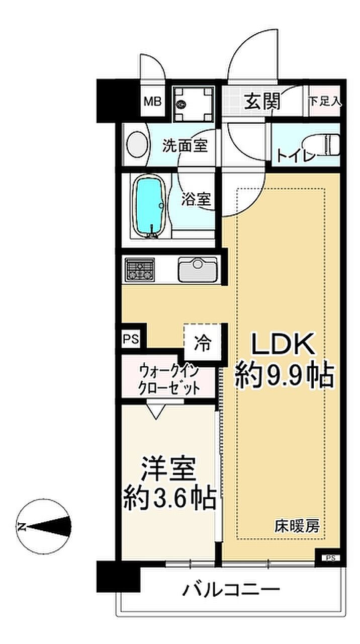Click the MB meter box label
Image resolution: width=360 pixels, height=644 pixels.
coord(152,101)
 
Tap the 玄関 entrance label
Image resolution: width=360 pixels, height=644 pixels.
coord(262,102)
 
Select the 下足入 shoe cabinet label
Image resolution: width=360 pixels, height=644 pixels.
coord(325,102)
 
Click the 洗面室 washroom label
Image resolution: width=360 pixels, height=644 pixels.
coord(185,146)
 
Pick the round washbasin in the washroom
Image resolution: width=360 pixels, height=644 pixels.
coord(136,144)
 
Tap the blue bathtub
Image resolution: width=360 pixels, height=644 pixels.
coord(149,206)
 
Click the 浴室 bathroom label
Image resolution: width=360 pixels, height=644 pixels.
coord(196,199)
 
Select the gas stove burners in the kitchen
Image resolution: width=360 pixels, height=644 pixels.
coord(139,269)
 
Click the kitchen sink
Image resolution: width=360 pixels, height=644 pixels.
coord(198,269)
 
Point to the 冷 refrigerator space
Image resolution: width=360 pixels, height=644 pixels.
coord(203,343)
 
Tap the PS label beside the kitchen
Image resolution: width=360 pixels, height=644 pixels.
coord(131,339)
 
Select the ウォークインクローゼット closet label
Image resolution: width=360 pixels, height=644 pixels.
coord(169,380)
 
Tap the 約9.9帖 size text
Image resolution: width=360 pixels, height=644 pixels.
coord(285,375)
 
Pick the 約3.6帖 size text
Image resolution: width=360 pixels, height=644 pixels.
coord(170,498)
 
